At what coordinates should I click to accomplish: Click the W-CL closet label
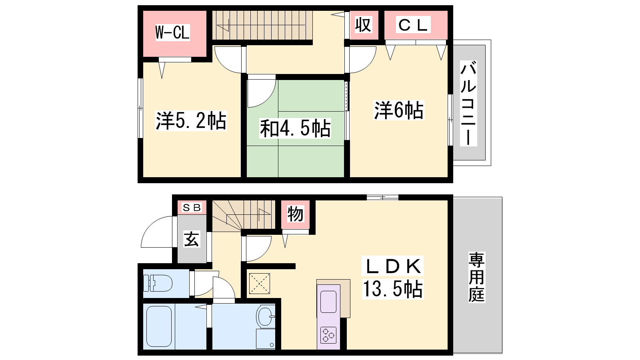point(172,32)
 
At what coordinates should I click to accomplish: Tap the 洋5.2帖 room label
point(191,120)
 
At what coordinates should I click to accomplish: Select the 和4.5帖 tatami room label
point(295,128)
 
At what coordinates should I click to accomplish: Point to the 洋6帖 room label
point(399,110)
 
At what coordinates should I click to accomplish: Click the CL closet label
point(413,24)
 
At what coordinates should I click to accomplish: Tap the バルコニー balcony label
point(468,103)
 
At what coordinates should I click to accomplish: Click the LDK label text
point(392,266)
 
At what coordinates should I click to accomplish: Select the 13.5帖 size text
point(392,289)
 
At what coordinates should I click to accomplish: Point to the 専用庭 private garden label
point(476,277)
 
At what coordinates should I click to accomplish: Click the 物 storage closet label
point(295,214)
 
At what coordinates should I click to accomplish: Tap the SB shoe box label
point(192,208)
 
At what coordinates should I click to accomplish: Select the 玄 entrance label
point(192,239)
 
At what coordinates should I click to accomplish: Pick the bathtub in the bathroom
point(159,326)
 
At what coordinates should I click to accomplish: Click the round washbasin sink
point(266,316)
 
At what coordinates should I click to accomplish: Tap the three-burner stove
point(328,335)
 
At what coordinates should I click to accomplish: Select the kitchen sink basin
point(328,302)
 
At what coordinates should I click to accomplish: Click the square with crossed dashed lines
point(260,284)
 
